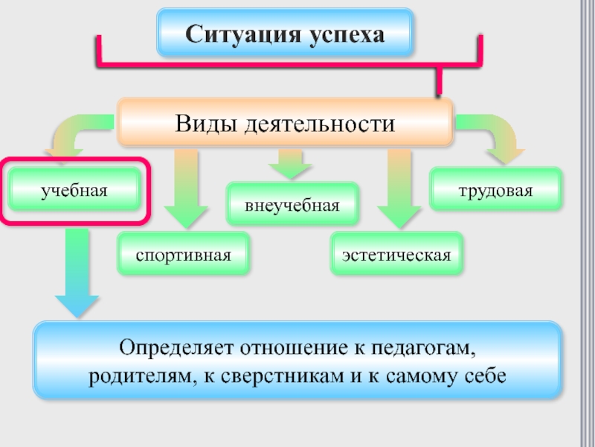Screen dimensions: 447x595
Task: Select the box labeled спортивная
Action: click(x=183, y=255)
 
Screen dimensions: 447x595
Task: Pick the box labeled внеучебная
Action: click(x=292, y=204)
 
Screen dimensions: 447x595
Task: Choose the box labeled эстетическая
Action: click(x=396, y=255)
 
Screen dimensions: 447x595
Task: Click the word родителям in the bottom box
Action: click(x=138, y=375)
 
